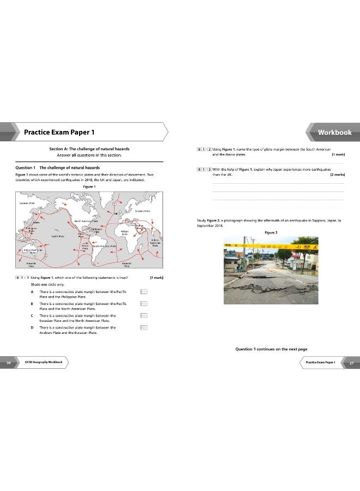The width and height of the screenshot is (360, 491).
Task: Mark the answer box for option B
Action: pyautogui.click(x=144, y=304)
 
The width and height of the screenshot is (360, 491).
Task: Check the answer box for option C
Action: pyautogui.click(x=144, y=315)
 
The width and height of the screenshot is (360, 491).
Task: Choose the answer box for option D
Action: pyautogui.click(x=144, y=327)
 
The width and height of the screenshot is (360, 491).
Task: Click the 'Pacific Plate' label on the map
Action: pyautogui.click(x=58, y=236)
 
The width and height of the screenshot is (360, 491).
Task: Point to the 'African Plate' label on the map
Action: pyautogui.click(x=124, y=232)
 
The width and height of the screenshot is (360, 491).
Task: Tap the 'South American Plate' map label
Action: pyautogui.click(x=105, y=246)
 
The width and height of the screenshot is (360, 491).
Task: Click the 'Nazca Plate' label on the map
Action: pyautogui.click(x=85, y=247)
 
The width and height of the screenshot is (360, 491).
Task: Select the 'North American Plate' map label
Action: pyautogui.click(x=86, y=221)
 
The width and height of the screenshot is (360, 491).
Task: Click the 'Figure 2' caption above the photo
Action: pyautogui.click(x=271, y=232)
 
